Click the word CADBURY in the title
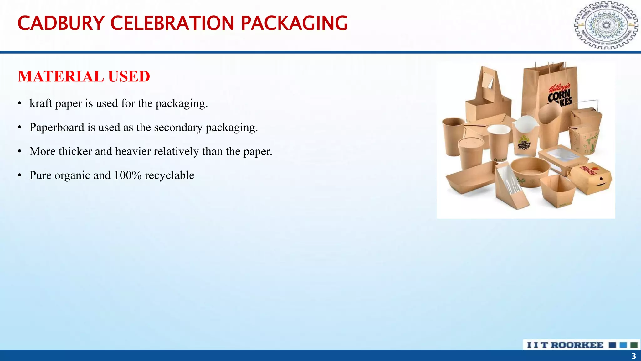[x=61, y=23]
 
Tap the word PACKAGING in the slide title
[x=294, y=23]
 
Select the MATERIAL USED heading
[x=84, y=76]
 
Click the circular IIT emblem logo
[x=606, y=25]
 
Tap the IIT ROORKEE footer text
[x=565, y=345]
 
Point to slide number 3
[x=633, y=356]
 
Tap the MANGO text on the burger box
[x=588, y=171]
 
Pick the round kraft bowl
[x=530, y=171]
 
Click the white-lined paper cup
[x=499, y=141]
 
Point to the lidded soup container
[x=470, y=152]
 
